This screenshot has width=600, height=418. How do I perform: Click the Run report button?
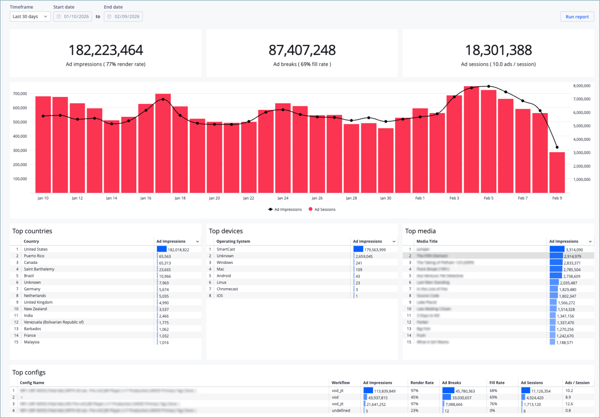(x=577, y=17)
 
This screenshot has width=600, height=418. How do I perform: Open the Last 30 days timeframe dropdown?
(x=30, y=17)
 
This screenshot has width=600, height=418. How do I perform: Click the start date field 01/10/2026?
(x=73, y=17)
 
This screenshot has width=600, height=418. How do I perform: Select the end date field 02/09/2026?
(x=123, y=17)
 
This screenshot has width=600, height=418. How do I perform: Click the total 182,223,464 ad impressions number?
(x=106, y=50)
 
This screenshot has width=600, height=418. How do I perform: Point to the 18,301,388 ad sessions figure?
(x=498, y=50)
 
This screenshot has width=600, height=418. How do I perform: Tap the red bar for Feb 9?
(x=557, y=172)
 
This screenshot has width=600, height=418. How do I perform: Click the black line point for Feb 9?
(x=557, y=147)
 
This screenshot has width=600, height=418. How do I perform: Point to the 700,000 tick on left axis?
(x=20, y=93)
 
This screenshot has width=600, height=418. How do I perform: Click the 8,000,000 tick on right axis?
(x=582, y=86)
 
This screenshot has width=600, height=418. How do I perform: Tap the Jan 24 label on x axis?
(x=283, y=198)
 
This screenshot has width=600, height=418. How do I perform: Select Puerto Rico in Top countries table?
(x=34, y=256)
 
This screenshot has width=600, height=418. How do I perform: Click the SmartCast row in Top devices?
(x=226, y=249)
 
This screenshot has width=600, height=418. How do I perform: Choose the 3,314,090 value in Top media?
(x=574, y=250)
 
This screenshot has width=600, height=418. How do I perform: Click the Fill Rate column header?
(x=497, y=383)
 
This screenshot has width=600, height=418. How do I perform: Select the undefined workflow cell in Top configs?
(x=341, y=411)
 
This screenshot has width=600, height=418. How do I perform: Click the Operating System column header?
(x=233, y=241)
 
